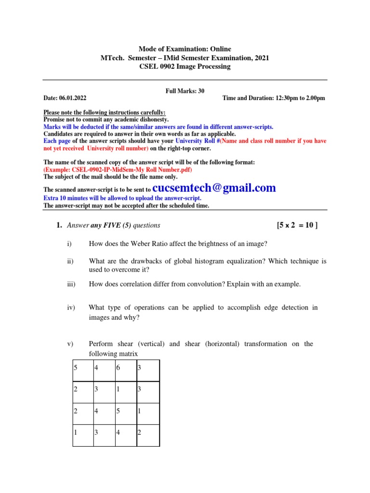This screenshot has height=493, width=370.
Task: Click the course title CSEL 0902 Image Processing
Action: coord(185,66)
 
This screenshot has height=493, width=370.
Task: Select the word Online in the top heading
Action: coord(221,49)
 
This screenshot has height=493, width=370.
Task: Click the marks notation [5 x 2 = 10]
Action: coord(297,225)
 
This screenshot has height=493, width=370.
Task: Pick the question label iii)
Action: coord(71,284)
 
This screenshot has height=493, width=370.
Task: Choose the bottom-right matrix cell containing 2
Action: coord(148,433)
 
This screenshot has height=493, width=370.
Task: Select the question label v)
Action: coord(70,344)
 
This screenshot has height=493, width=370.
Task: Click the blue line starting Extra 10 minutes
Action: coord(123,198)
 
